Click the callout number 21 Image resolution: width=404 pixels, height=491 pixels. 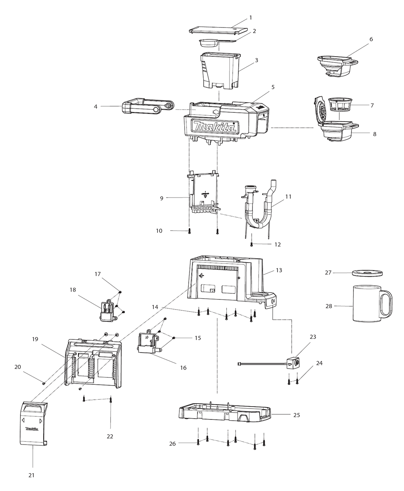(31, 475)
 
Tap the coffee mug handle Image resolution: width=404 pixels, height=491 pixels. (386, 305)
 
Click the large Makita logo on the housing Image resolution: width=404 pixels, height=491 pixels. (215, 127)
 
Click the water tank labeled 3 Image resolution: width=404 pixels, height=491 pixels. (220, 71)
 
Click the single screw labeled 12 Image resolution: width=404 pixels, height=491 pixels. (251, 244)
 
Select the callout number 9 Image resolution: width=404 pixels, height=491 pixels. (162, 198)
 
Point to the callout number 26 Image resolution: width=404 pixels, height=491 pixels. (173, 443)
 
